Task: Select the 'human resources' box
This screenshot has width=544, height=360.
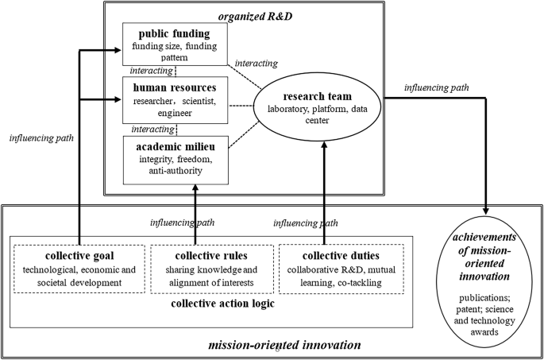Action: [x=173, y=99]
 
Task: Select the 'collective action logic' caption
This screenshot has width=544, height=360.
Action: [x=211, y=305]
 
